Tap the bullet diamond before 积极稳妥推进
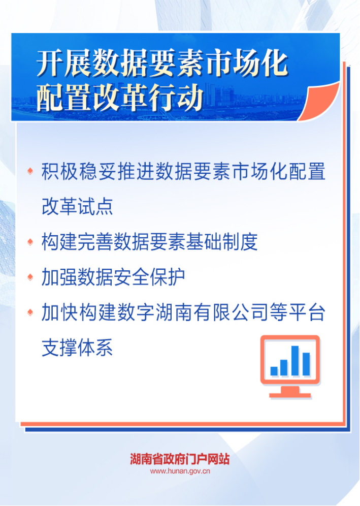(x=30, y=171)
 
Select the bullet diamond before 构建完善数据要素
(x=30, y=242)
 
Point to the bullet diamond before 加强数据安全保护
(x=30, y=277)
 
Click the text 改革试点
(x=77, y=206)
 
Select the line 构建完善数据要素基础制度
(x=149, y=242)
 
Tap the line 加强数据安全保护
(x=113, y=277)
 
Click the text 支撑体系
(x=77, y=347)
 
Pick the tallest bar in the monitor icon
(x=295, y=361)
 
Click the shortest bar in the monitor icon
(x=274, y=371)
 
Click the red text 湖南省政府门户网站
(x=180, y=459)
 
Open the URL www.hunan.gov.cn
(x=180, y=471)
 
